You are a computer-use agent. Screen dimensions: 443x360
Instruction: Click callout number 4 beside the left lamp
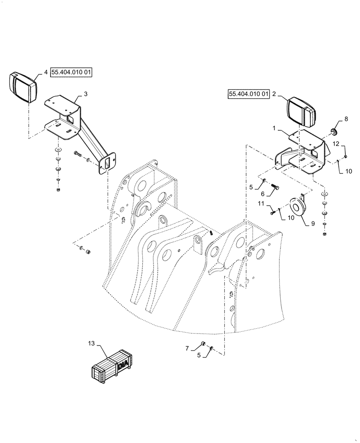(x=46, y=73)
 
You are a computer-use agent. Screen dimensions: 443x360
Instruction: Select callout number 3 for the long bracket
(x=86, y=94)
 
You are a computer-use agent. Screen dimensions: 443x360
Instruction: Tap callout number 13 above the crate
(x=90, y=343)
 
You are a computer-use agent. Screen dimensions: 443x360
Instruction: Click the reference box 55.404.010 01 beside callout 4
(x=71, y=73)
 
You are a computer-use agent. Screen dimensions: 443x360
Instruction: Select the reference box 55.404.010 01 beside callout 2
(x=249, y=94)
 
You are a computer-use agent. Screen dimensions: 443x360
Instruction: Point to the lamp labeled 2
(x=301, y=112)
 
